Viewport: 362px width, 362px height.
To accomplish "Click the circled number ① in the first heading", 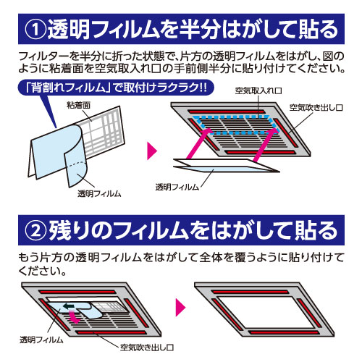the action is coord(35,30).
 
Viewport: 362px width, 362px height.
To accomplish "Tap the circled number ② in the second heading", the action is coord(35,231).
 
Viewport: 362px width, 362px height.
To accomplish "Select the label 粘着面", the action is coord(79,105).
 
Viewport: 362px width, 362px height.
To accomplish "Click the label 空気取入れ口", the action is coord(258,90).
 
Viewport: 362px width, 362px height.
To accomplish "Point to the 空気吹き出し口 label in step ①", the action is coord(316,108).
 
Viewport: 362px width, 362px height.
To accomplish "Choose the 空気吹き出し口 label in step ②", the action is coord(147,348).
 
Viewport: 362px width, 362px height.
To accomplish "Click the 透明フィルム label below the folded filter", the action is coord(99,193).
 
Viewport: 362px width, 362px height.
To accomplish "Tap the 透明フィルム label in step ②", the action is coord(41,340).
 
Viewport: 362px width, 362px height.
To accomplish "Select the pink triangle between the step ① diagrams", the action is coord(152,151).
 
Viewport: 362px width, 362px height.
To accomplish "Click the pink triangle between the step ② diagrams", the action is coord(180,308).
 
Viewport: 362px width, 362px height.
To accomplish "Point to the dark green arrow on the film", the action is coord(69,307).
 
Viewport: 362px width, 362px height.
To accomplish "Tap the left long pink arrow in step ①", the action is coord(199,143).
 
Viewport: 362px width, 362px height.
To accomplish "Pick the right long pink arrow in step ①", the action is coord(265,144).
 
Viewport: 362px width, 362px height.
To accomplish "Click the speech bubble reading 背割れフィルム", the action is coord(116,87).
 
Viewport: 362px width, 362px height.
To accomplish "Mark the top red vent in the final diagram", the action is coord(250,292).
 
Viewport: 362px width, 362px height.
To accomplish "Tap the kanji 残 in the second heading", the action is coord(59,231).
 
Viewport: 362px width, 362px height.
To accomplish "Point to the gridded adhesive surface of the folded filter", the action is coord(104,132).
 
